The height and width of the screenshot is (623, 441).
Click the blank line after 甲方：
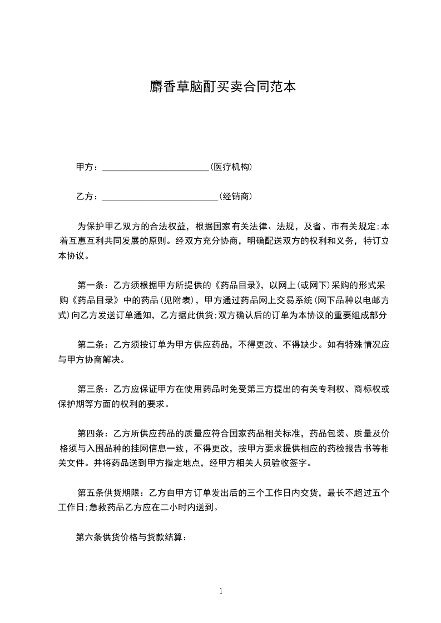156,167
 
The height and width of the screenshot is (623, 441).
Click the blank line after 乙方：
160,197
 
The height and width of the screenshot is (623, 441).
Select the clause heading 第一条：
95,286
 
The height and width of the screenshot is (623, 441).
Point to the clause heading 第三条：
95,389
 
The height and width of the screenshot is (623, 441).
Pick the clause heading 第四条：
95,433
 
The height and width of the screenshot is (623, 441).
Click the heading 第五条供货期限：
111,492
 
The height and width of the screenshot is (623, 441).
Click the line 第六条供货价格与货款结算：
131,537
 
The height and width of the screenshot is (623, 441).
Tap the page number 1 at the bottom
221,591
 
